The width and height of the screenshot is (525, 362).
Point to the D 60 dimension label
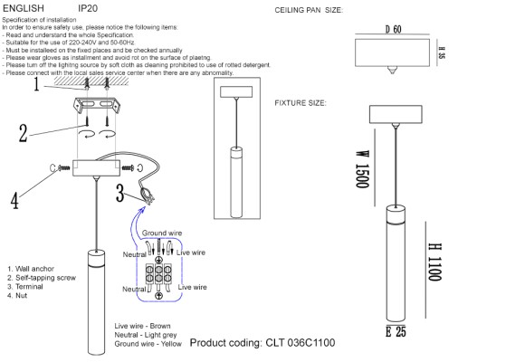[393, 30]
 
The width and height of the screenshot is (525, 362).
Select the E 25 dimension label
[395, 332]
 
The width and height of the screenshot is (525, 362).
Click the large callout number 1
[36, 86]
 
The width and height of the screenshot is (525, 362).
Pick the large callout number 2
[24, 133]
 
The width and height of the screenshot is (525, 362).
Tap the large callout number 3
[120, 193]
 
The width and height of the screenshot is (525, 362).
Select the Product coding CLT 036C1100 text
[262, 344]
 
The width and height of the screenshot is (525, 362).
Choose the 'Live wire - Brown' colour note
[142, 325]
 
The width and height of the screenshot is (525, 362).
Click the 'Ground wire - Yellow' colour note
[148, 344]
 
